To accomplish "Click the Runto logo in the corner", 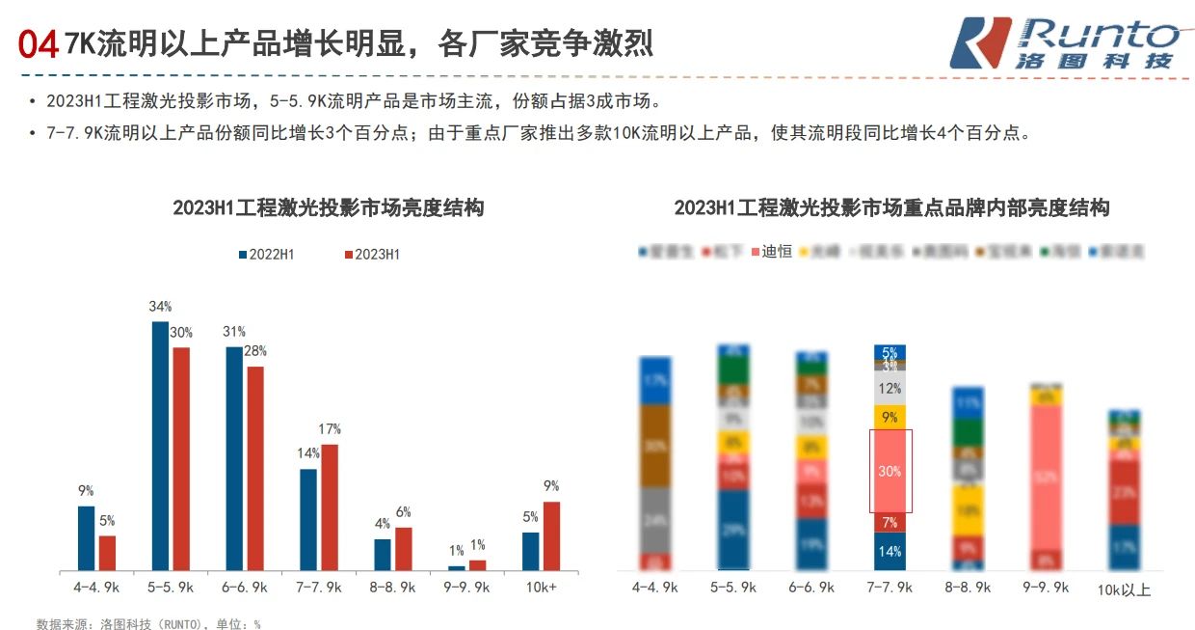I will [1064, 42].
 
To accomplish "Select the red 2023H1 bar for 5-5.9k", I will [180, 458].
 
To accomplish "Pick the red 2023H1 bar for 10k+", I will [551, 535].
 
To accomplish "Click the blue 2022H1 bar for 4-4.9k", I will [87, 537].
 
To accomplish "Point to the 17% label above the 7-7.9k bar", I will [330, 429].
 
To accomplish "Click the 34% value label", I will [159, 307].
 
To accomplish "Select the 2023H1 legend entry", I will [371, 255].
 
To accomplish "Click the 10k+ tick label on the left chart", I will [541, 587].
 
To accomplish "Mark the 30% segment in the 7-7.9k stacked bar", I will [890, 471].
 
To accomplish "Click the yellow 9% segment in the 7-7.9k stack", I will [890, 417].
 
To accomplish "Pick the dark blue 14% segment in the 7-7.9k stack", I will [890, 552].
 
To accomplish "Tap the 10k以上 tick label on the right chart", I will [1125, 589].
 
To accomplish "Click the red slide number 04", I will [39, 43].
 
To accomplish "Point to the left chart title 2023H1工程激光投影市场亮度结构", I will [328, 207].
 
